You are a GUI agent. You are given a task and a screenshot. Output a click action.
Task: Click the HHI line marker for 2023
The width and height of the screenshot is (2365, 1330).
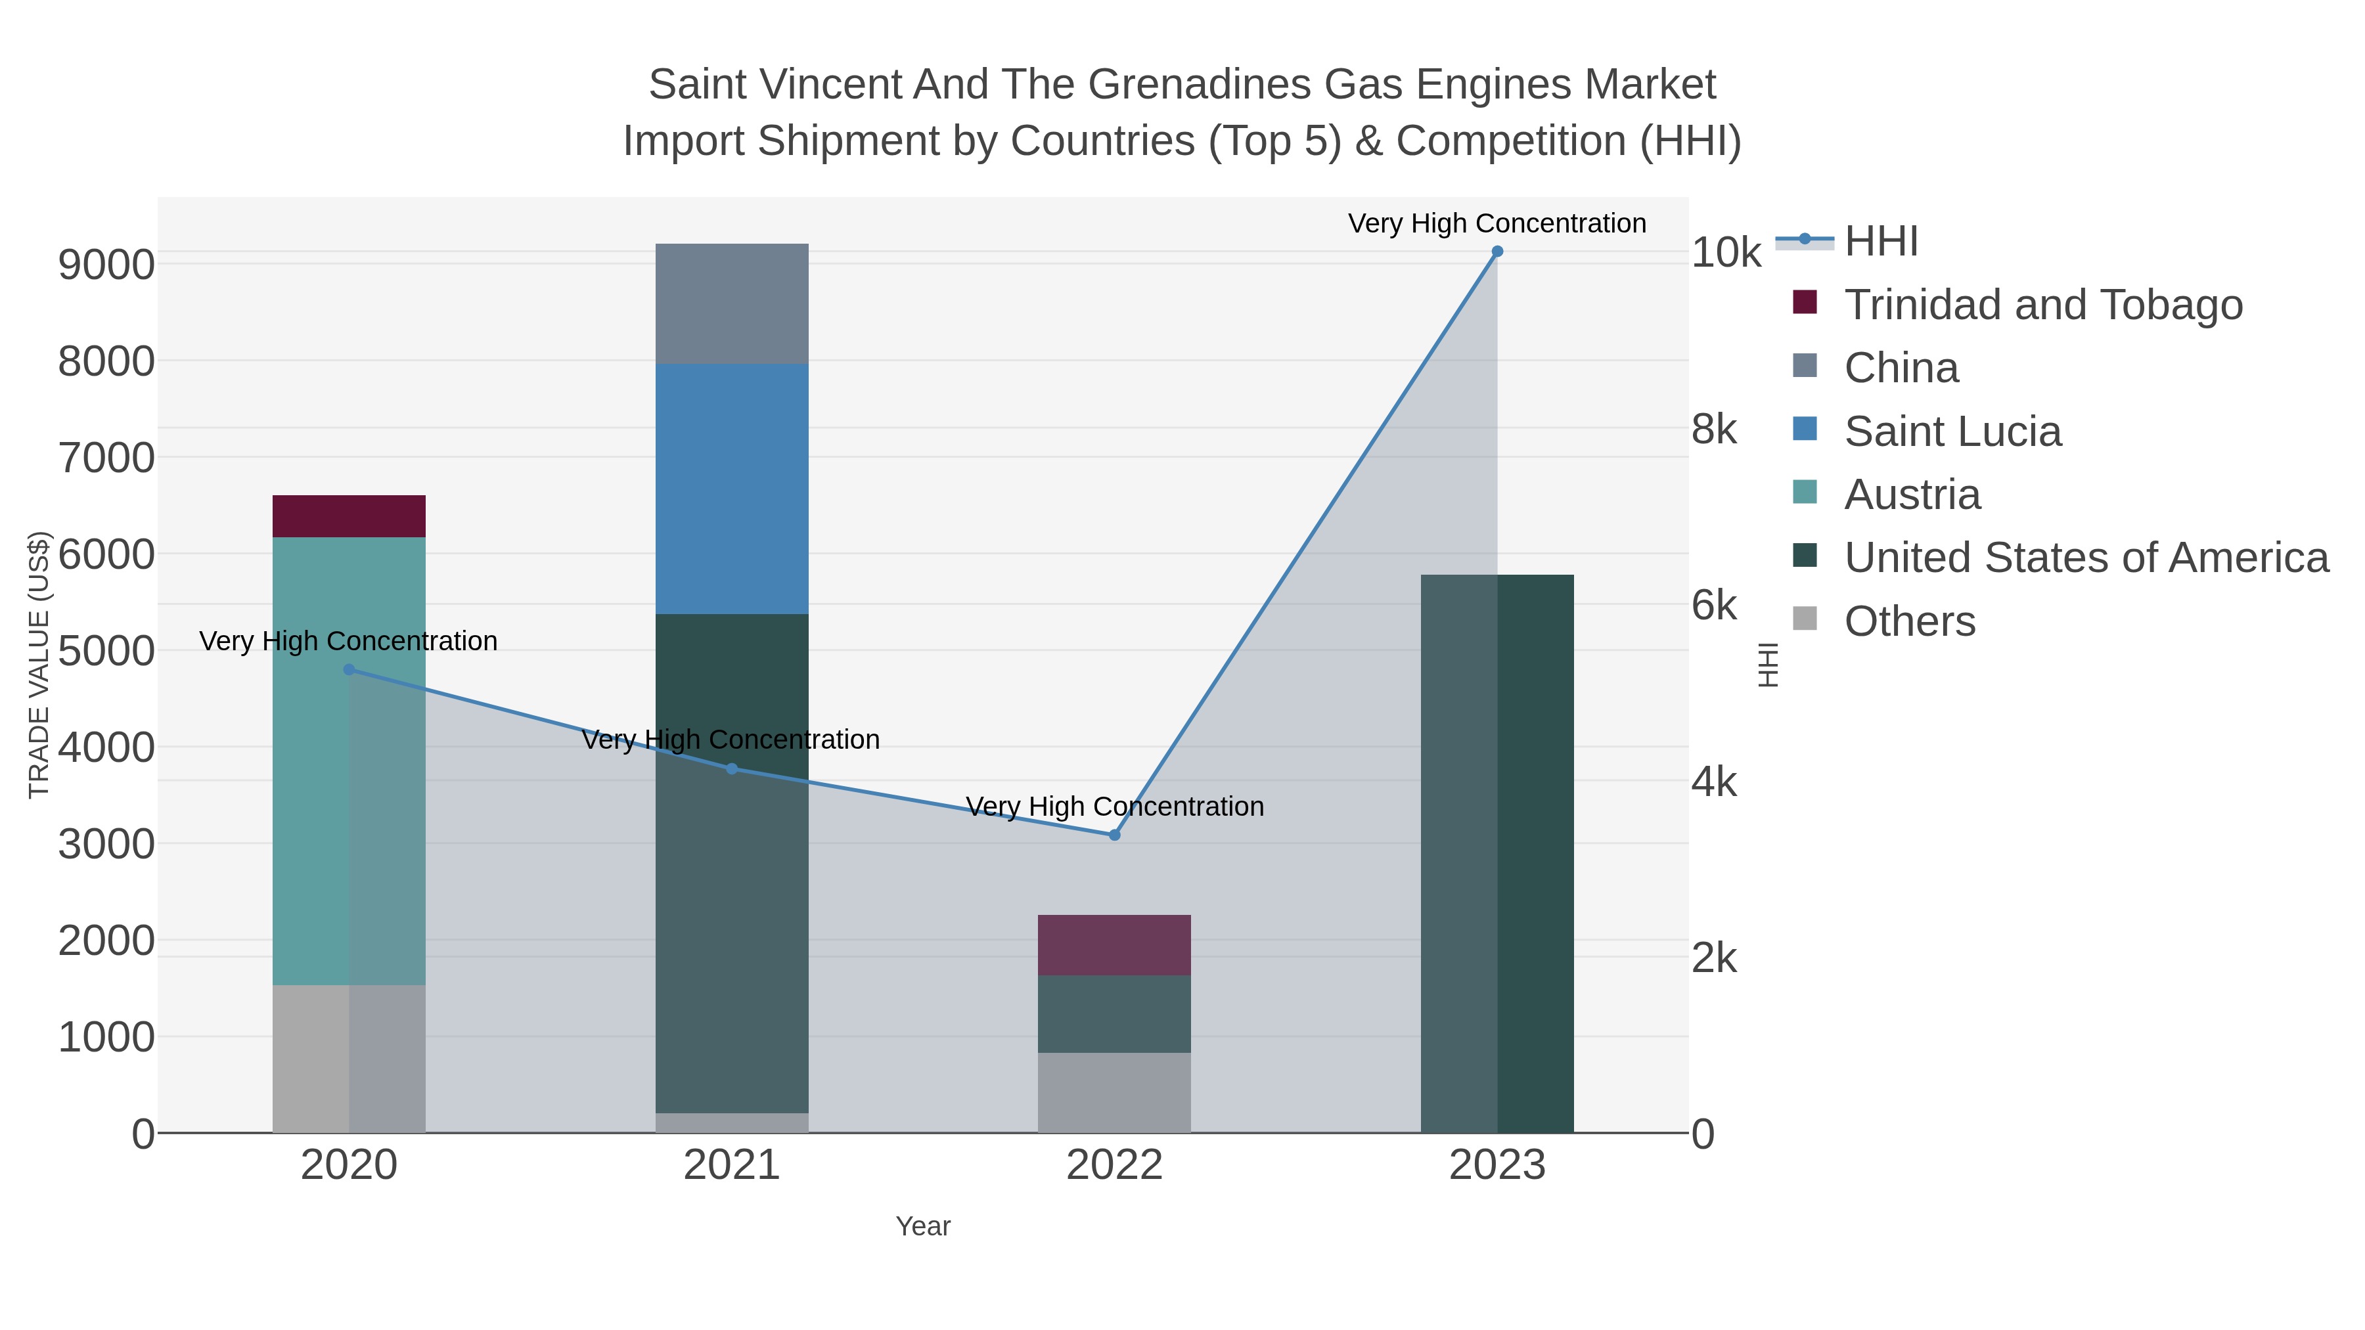[1497, 252]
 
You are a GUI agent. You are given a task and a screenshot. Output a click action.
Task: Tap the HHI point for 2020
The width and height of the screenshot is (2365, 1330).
[349, 670]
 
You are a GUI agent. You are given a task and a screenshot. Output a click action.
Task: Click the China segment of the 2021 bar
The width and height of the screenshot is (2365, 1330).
[732, 304]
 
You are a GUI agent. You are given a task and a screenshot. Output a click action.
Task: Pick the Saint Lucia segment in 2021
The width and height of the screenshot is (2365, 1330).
[732, 488]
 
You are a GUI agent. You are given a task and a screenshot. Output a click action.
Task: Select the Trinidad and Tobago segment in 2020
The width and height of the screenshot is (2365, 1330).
[349, 516]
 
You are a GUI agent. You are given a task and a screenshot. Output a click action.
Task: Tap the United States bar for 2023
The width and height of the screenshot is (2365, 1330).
[1497, 854]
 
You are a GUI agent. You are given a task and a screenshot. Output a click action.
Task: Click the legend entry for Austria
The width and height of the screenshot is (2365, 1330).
[1912, 495]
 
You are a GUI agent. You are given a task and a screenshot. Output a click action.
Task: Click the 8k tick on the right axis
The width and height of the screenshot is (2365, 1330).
[1714, 430]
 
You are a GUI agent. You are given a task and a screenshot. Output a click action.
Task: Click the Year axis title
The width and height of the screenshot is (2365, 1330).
[923, 1226]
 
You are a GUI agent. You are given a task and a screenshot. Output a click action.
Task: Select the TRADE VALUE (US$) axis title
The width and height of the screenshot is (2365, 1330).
[39, 665]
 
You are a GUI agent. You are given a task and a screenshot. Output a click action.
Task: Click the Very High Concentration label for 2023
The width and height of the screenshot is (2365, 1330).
[1497, 223]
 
